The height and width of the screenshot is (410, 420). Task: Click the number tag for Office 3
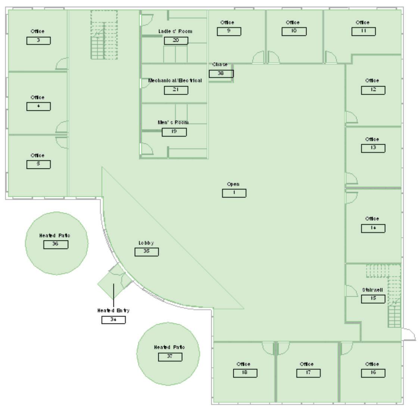point(38,41)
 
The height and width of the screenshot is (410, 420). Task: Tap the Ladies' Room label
point(175,31)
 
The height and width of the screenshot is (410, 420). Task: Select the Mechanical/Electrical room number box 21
point(175,90)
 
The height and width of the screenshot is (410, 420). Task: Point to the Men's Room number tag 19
point(174,132)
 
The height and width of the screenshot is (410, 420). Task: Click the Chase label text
point(220,65)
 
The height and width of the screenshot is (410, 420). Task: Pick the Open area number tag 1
point(234,193)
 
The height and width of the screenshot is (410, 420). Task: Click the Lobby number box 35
point(146,252)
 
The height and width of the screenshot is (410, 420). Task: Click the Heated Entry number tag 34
point(113,320)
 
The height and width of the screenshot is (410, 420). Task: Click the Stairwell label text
point(372,290)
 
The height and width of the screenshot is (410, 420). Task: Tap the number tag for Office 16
point(373,373)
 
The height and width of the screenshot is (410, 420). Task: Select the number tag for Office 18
point(245,373)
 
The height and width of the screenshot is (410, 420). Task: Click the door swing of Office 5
point(62,142)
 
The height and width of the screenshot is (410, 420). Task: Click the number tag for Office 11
point(363,31)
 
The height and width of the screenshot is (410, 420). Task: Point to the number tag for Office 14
point(373,228)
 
